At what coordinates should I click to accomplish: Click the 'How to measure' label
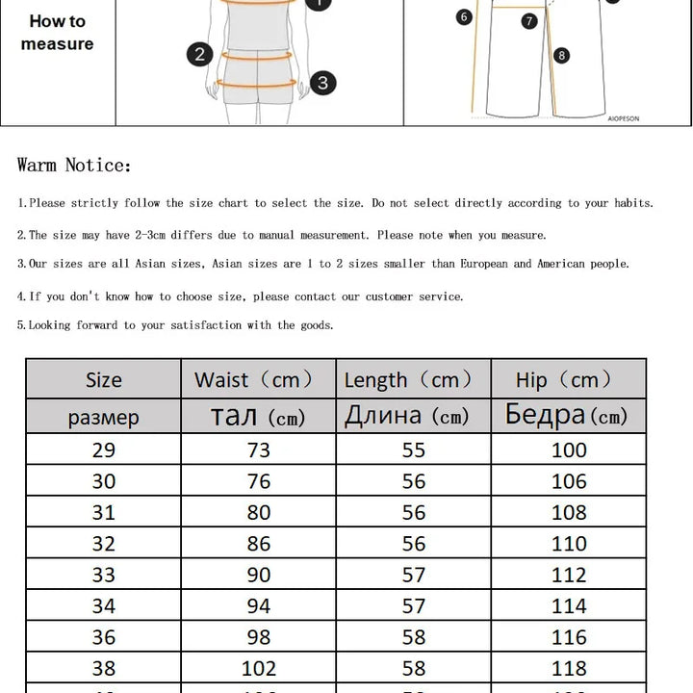pos(57,33)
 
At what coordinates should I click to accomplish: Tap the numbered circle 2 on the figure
pos(200,54)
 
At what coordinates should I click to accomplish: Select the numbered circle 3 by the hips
pos(322,83)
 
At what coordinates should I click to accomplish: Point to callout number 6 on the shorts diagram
pos(464,16)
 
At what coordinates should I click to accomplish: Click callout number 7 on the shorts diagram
pos(529,20)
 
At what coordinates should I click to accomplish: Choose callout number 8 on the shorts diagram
pos(562,56)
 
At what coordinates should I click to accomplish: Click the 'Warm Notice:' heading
pos(74,166)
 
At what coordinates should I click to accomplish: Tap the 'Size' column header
pos(103,380)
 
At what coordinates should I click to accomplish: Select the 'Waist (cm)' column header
pos(254,380)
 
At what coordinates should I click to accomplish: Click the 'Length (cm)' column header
pos(408,380)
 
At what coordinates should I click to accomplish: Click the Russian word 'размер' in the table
pos(103,418)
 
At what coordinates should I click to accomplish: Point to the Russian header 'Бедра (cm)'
pos(566,416)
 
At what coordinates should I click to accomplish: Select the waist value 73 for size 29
pos(258,450)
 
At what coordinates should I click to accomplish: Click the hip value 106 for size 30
pos(569,481)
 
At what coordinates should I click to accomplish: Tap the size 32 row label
pos(103,544)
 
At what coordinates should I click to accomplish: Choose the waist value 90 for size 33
pos(258,575)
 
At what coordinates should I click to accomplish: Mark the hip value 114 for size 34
pos(569,606)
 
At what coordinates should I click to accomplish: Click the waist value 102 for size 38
pos(258,668)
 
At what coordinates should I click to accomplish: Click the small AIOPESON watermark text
pos(623,118)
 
